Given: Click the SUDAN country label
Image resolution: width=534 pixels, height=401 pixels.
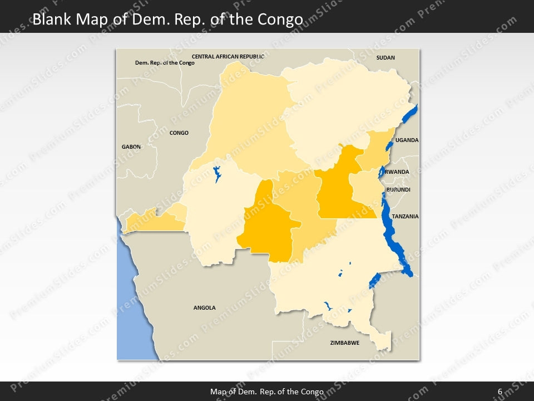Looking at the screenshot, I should coord(385,58).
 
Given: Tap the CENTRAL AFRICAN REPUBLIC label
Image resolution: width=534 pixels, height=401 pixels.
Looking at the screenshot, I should coord(228,57).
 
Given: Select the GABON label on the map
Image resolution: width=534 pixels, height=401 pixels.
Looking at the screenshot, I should coord(131,146).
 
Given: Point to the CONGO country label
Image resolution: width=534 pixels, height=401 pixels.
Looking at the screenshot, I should coord(179,133).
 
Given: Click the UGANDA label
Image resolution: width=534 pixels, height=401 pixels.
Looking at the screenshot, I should coord(407,140).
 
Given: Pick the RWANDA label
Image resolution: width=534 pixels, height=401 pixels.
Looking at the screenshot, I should coord(397,172).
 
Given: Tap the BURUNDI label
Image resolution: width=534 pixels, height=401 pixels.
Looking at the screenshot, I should coord(398,190).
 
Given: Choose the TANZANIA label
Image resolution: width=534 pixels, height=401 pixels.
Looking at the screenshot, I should coord(405,216).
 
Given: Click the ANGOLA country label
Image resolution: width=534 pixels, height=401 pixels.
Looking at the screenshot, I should coord(204,307).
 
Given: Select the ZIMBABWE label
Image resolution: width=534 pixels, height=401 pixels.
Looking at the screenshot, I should coord(344,343).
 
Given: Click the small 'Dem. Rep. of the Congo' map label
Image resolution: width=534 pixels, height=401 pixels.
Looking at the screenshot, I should coord(165,63).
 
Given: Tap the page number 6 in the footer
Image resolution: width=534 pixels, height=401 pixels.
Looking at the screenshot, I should coord(500,392).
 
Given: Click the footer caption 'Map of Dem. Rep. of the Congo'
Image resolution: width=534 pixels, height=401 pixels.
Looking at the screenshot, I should coord(267,392).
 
